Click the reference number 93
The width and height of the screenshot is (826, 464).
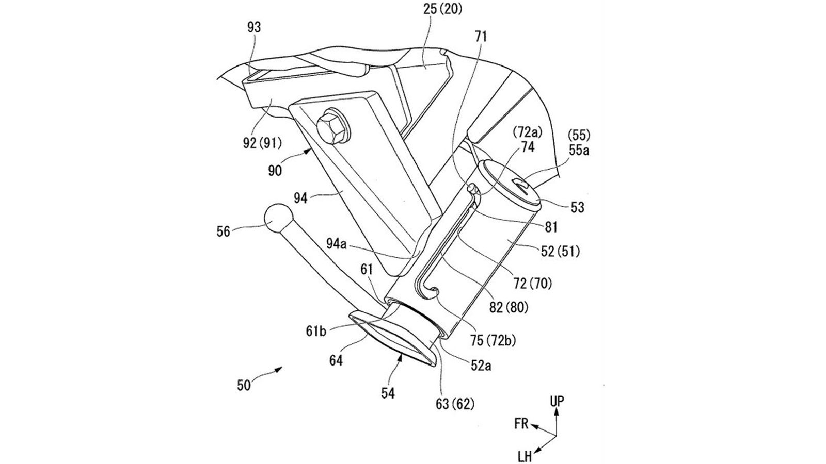click(x=253, y=27)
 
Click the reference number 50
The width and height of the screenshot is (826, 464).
click(x=244, y=385)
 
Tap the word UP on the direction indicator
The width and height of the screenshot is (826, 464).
click(x=557, y=401)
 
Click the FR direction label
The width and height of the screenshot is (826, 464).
click(x=521, y=424)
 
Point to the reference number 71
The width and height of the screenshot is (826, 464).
click(x=482, y=36)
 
